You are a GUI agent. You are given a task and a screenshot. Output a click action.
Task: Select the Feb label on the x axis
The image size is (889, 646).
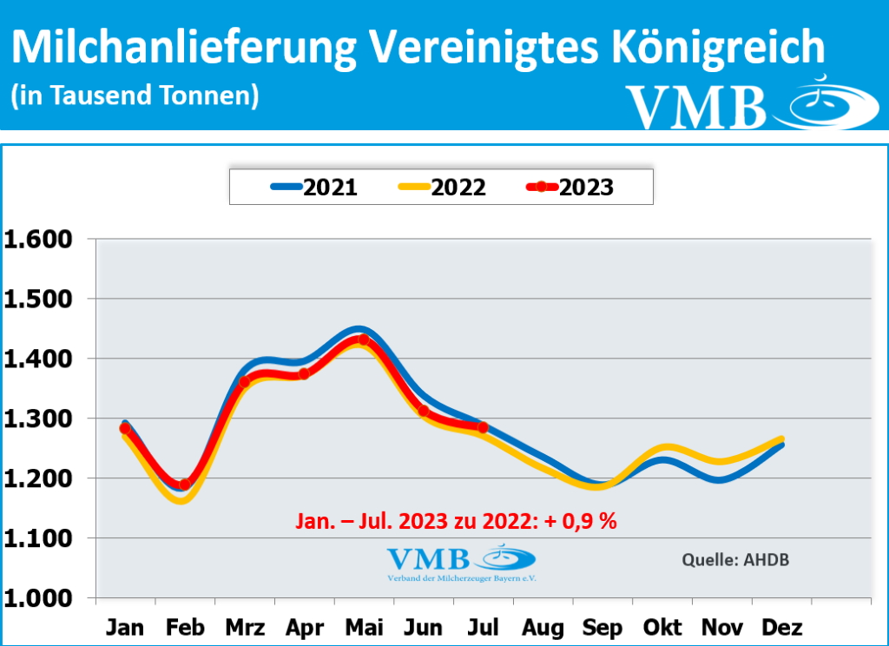click(185, 628)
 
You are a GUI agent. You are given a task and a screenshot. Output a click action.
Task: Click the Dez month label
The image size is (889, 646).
click(781, 628)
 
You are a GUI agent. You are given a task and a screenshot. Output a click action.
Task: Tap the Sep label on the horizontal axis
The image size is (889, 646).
click(602, 628)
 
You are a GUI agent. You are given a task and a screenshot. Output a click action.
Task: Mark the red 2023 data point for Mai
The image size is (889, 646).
click(364, 339)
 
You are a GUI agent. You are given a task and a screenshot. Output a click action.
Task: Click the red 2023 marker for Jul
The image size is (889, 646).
click(483, 427)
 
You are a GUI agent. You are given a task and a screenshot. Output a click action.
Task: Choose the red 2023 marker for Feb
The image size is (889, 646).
click(184, 484)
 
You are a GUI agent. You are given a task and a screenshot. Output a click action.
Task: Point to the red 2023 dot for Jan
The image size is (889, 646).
click(125, 428)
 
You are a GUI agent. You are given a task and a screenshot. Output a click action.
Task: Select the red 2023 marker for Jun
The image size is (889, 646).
click(424, 411)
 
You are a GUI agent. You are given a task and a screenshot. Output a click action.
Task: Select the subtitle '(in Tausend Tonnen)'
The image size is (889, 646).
click(135, 96)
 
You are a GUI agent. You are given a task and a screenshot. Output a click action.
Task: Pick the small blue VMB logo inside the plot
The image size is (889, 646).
click(461, 563)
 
